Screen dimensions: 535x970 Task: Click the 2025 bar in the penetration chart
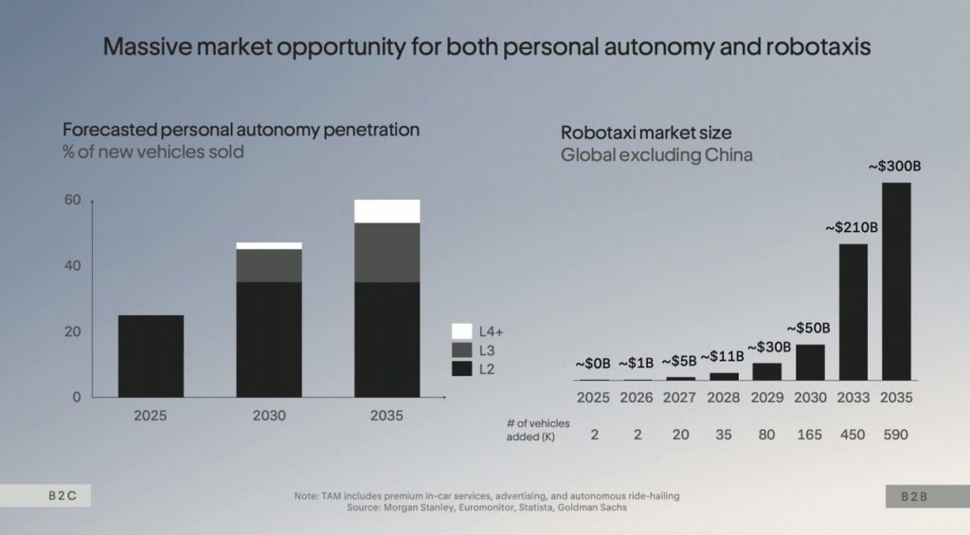[151, 356]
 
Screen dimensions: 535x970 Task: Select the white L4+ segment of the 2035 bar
[386, 210]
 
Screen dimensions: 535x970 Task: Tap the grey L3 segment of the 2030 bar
[269, 265]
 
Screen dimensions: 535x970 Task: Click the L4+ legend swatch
[462, 331]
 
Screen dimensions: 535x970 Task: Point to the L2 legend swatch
[462, 367]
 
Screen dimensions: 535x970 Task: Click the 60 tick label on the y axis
[72, 201]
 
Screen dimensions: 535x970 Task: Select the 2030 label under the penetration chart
[269, 416]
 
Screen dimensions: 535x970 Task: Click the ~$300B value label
[895, 167]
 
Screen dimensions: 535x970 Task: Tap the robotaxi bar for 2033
[853, 312]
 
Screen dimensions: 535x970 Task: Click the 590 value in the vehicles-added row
[896, 435]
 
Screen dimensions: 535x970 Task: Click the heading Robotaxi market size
[646, 133]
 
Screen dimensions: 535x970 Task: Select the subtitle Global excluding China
[656, 154]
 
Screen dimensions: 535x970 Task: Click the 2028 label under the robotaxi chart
[723, 398]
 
